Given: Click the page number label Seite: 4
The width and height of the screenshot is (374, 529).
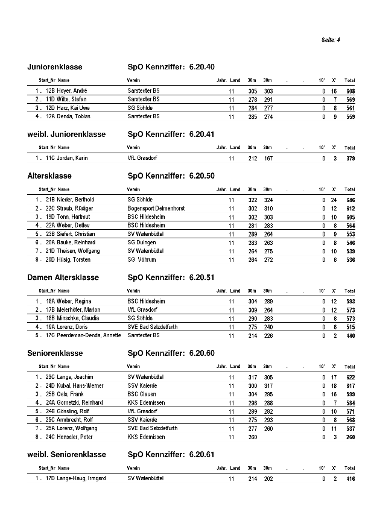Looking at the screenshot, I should click(331, 40).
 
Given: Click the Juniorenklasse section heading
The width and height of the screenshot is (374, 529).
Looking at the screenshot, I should click(55, 67).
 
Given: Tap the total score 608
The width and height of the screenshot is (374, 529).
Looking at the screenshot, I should click(350, 91).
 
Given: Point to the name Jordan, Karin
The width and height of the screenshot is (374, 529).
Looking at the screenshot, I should click(72, 158).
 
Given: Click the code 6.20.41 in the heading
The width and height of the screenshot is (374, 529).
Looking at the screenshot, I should click(201, 135).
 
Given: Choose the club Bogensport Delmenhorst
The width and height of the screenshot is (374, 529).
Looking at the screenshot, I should click(156, 208).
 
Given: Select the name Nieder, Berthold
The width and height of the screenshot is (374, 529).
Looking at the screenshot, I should click(75, 200).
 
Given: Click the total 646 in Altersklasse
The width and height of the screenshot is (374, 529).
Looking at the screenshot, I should click(350, 200).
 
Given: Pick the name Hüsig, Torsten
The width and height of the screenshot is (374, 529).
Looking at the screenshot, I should click(73, 259).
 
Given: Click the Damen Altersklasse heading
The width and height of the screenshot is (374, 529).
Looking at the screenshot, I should click(63, 277).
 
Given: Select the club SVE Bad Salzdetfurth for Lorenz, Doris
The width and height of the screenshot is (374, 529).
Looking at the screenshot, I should click(152, 326).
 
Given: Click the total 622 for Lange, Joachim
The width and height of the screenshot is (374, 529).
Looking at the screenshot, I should click(350, 377).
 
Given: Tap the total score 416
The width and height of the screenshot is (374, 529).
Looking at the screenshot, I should click(350, 479).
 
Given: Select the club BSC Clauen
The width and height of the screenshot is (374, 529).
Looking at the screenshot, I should click(142, 394).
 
